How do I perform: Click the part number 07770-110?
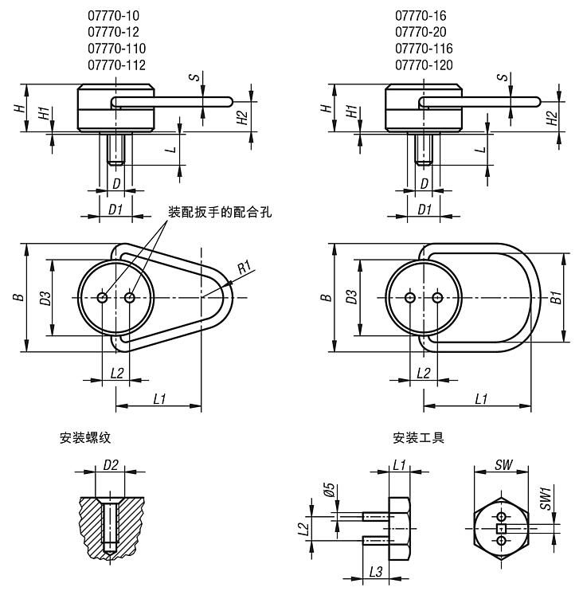(x=116, y=49)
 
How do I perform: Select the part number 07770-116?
(x=424, y=49)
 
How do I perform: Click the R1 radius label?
(x=245, y=267)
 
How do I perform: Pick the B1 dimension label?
(x=558, y=297)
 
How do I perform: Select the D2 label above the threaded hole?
(x=111, y=464)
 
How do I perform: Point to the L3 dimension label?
(x=377, y=572)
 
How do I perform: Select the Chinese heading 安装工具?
(x=418, y=437)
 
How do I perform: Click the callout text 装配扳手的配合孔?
(x=220, y=213)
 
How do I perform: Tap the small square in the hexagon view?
(x=501, y=528)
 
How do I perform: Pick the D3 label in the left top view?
(x=45, y=297)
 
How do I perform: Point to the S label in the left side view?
(x=194, y=77)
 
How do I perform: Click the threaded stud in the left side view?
(x=116, y=149)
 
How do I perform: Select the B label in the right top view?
(x=325, y=297)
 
